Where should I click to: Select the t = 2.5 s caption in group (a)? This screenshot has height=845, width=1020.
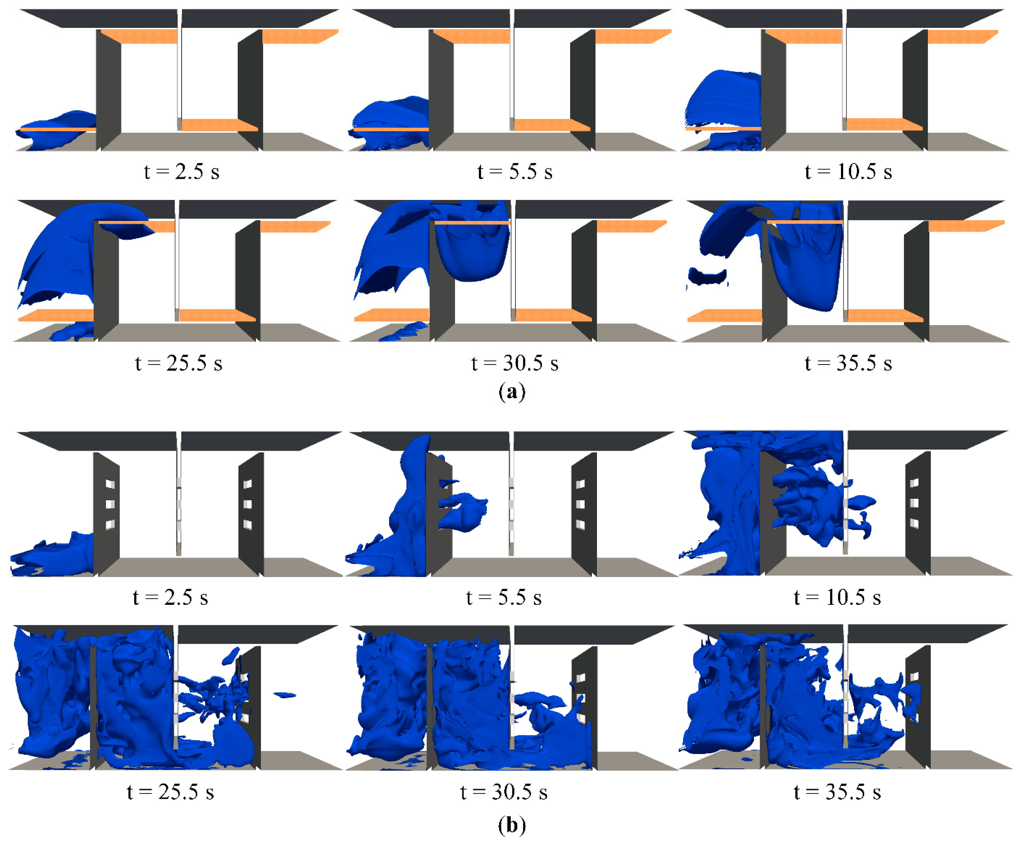click(x=182, y=171)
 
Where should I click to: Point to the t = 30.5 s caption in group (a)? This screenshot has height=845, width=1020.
click(x=515, y=363)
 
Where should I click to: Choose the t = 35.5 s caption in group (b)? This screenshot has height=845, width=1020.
click(x=837, y=792)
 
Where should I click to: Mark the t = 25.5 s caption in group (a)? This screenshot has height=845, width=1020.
click(x=179, y=363)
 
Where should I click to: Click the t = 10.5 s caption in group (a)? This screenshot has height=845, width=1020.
click(x=848, y=171)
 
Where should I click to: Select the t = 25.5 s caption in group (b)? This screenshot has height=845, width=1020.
click(x=170, y=792)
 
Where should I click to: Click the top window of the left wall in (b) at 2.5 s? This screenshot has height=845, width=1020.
click(x=110, y=484)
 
